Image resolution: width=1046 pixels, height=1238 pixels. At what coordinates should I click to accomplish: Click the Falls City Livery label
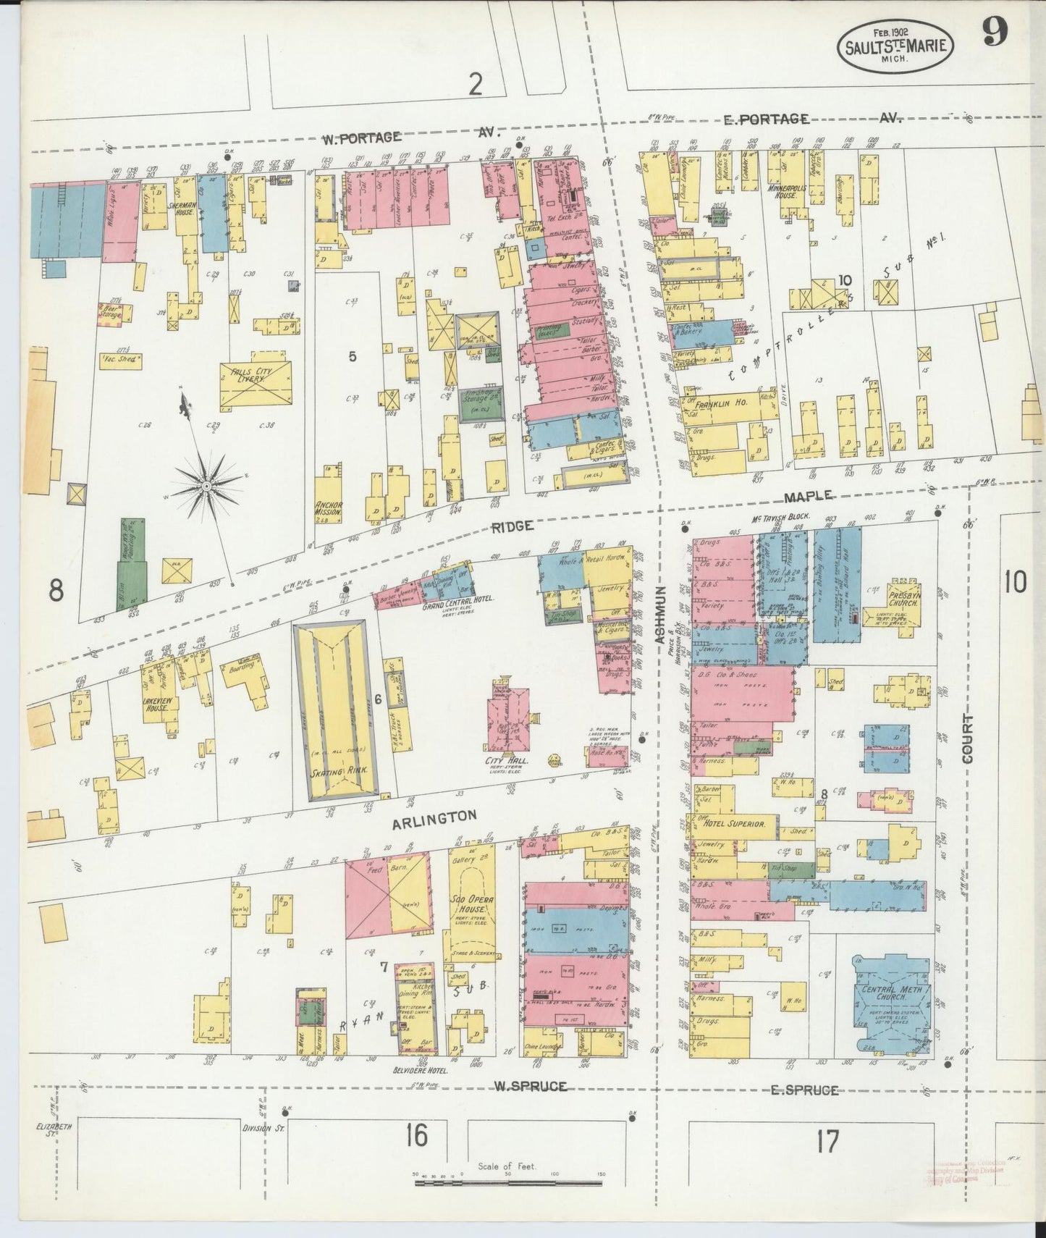[245, 371]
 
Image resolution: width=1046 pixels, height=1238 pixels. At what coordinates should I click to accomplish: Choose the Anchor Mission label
[328, 508]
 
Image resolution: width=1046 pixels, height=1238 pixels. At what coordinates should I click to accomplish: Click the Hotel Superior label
[739, 824]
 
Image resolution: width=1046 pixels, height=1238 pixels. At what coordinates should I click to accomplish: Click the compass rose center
[207, 485]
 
